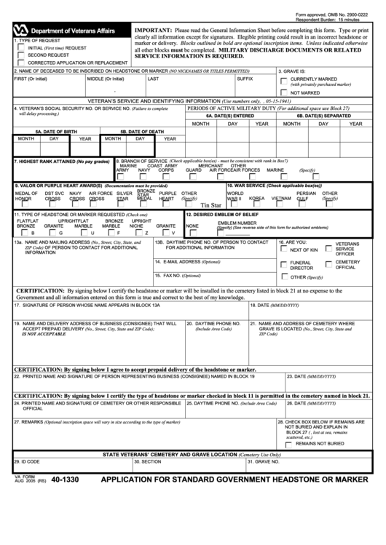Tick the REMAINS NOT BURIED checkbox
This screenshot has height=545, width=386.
290,443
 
